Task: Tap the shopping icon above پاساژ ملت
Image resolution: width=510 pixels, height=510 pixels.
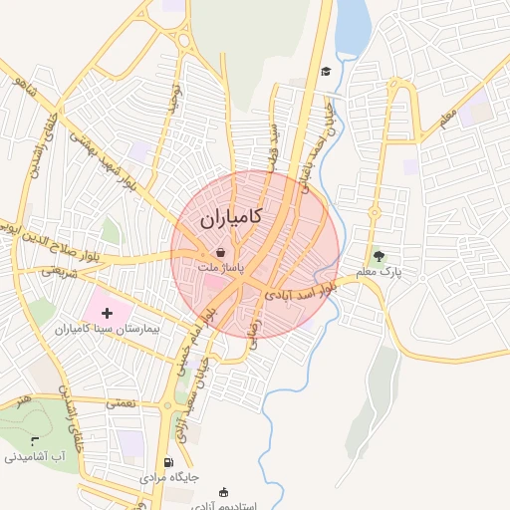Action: tap(219, 253)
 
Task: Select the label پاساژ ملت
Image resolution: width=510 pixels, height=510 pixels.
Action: tap(219, 269)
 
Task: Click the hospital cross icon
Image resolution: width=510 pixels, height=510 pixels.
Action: tap(108, 313)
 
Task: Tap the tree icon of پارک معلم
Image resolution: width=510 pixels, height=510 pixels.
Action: tap(378, 255)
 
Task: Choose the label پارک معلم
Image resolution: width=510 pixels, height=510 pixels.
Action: tap(379, 271)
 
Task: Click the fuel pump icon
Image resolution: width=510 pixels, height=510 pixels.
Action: tap(167, 462)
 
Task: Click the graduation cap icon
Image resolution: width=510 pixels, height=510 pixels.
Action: tap(326, 71)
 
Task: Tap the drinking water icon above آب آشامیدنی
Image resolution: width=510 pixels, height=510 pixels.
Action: tap(35, 440)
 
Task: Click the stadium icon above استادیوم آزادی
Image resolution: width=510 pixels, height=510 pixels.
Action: tap(222, 491)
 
